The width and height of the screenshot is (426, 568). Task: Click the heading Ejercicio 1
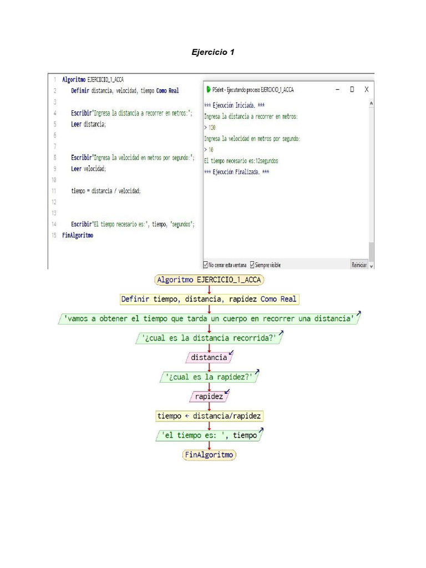pos(213,52)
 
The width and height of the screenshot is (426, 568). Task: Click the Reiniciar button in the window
pos(359,265)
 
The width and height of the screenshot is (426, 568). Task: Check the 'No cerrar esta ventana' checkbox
pos(206,265)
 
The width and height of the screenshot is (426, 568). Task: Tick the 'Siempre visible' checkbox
pos(253,265)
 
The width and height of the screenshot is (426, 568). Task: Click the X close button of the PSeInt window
pos(367,89)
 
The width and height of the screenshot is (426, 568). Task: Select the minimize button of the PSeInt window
pos(337,89)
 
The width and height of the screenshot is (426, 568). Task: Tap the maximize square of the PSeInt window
pos(352,89)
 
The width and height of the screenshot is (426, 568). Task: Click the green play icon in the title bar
pos(208,89)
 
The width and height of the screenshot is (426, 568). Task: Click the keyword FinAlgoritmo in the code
pos(78,235)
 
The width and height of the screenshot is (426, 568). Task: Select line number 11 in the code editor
pos(54,191)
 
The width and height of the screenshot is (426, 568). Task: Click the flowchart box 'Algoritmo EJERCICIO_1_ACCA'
pos(209,280)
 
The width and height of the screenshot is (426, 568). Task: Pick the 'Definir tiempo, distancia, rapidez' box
pos(209,300)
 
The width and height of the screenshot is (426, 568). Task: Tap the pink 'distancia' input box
pos(209,358)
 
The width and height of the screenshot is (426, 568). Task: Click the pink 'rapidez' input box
pos(209,397)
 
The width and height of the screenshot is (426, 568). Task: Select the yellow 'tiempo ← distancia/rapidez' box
pos(209,416)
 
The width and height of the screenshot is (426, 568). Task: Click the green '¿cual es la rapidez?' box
pos(209,377)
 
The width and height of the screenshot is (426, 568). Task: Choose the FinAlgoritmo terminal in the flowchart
pos(209,455)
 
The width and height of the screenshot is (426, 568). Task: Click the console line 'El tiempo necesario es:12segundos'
pos(241,161)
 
